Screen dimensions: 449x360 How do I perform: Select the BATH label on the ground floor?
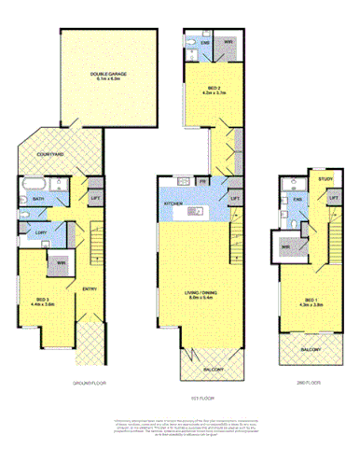[38, 199]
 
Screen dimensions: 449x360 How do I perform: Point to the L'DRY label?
[40, 233]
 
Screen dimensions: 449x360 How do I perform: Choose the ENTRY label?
[90, 289]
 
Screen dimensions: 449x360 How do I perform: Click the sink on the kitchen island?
[196, 213]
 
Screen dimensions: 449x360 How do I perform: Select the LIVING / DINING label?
[201, 293]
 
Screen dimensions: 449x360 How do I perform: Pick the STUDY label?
[325, 178]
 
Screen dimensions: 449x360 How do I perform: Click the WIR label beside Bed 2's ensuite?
[227, 42]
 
